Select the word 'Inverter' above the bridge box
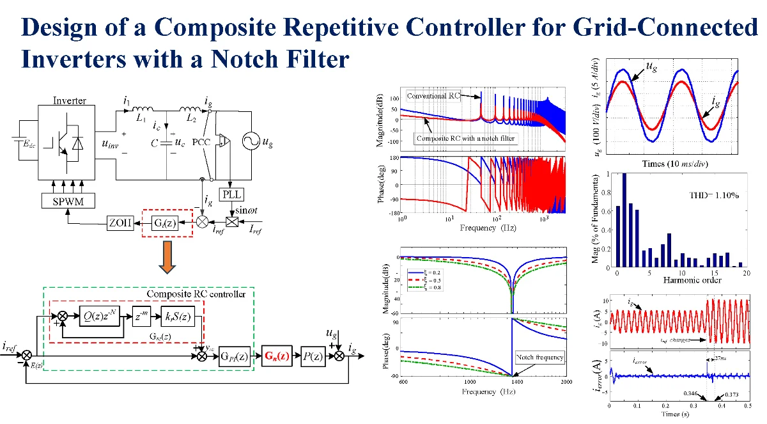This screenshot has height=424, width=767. coord(70,100)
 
